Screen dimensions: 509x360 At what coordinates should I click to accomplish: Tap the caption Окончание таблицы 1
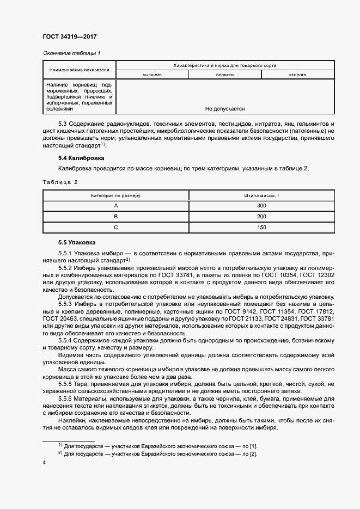pos(71,53)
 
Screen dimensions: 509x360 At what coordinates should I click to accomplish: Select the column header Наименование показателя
pos(79,70)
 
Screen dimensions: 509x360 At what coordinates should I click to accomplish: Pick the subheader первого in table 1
pos(225,74)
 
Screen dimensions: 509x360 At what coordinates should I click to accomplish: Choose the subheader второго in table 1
pos(297,74)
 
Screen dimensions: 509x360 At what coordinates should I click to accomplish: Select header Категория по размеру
pos(115,195)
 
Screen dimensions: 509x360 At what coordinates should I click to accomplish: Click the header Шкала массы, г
pos(261,195)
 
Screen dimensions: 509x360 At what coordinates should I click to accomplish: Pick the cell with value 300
pos(261,206)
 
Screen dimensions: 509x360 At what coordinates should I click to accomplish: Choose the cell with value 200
pos(261,216)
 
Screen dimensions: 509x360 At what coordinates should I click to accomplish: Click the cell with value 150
pos(261,227)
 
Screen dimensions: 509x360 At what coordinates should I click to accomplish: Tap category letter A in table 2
pos(115,206)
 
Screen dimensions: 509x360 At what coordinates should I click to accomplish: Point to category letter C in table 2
pos(115,227)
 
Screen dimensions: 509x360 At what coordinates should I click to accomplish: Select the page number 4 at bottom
pos(44,462)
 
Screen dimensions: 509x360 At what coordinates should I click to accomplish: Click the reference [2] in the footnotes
pos(253,453)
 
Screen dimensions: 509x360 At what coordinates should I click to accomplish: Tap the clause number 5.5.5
pos(66,384)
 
